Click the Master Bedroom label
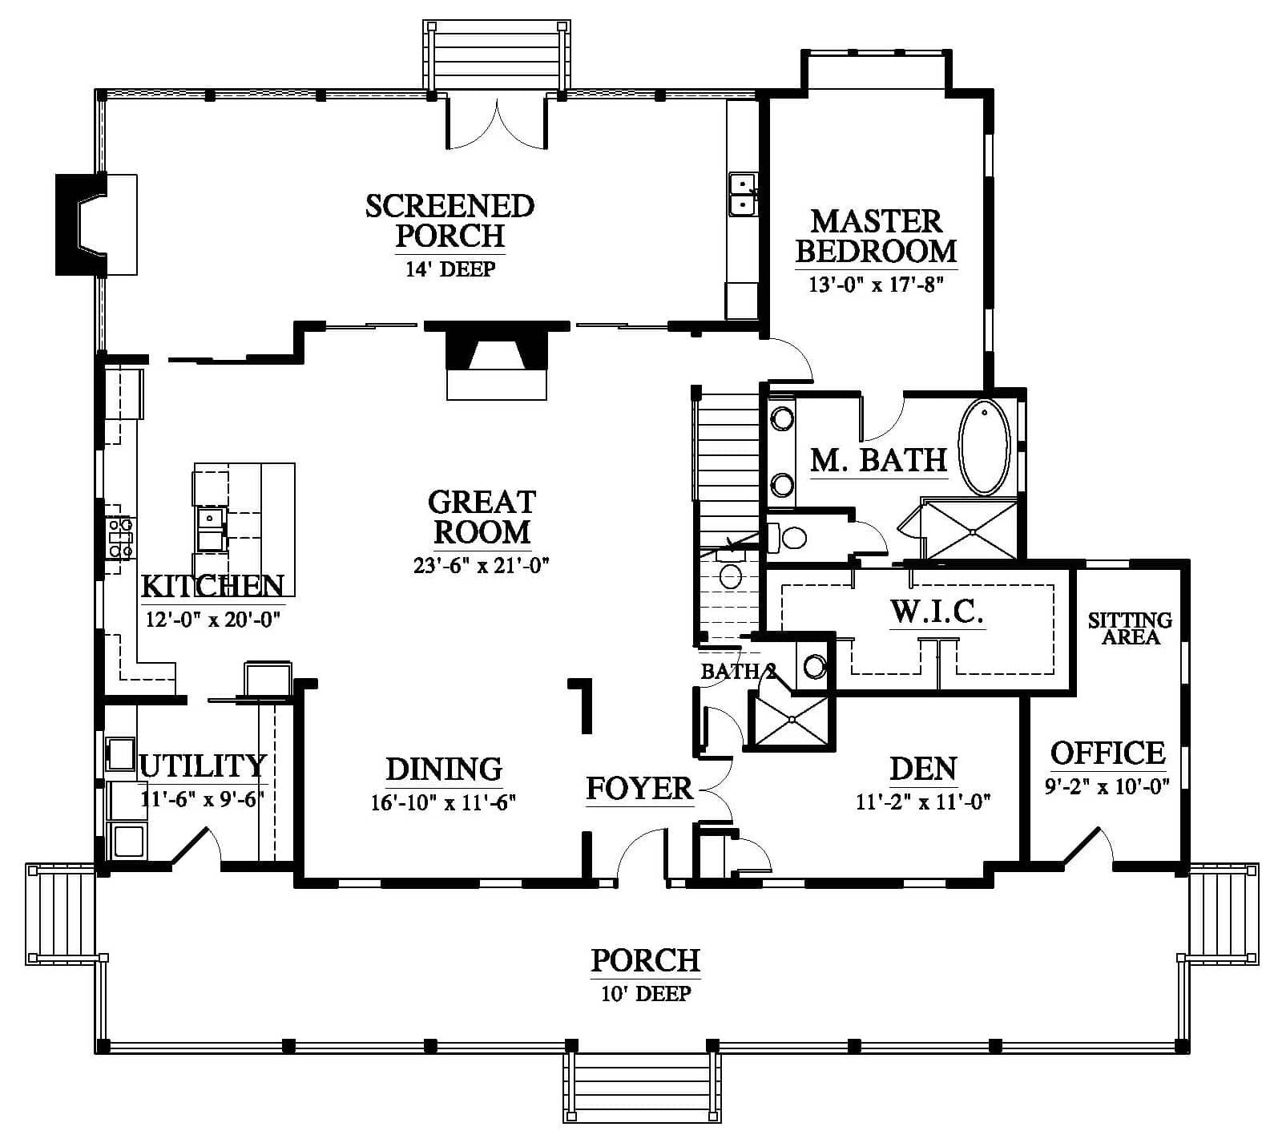[x=876, y=236]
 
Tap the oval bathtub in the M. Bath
[x=984, y=446]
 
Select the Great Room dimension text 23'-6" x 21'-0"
[x=481, y=565]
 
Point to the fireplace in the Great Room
[x=497, y=359]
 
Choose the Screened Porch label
[x=450, y=220]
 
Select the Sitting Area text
[x=1130, y=628]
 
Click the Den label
[x=923, y=769]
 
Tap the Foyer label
[x=639, y=788]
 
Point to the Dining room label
[x=444, y=769]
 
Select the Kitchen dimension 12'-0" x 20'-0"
[x=212, y=620]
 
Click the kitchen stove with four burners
[x=121, y=538]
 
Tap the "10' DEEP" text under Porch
[x=645, y=994]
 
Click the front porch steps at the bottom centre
[x=641, y=1088]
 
